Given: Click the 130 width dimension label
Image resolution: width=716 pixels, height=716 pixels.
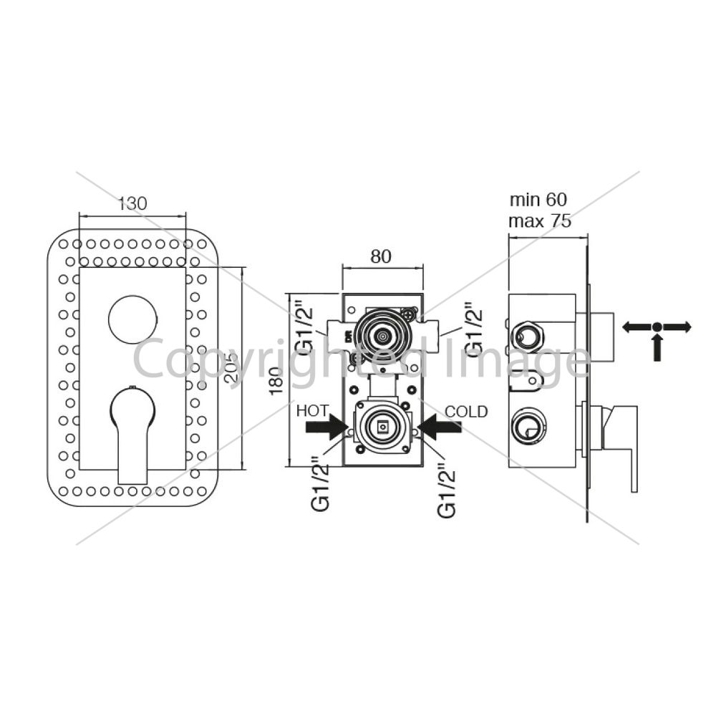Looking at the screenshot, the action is coord(133,203).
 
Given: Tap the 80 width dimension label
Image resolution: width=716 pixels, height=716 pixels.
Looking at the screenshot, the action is coord(381,256).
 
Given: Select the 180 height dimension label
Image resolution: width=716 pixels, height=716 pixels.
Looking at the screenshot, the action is coord(276,381).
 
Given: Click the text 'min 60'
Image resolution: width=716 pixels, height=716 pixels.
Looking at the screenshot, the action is coord(538,200).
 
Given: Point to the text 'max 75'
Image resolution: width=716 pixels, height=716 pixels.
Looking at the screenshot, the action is coord(540,221).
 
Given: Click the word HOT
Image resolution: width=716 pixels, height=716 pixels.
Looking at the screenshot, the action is coord(312,411).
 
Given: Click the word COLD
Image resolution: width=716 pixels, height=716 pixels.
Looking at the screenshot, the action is coord(466,412).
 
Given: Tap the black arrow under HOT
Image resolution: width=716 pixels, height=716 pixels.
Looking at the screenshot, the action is coord(327,427).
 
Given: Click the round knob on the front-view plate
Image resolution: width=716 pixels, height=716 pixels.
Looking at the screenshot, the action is coord(132,319).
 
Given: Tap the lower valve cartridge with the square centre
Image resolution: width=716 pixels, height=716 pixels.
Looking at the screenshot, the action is coord(382,427).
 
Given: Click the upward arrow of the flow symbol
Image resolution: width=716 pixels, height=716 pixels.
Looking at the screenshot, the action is coord(657,347).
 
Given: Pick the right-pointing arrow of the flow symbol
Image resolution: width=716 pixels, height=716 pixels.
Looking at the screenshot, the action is coord(677,327).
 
